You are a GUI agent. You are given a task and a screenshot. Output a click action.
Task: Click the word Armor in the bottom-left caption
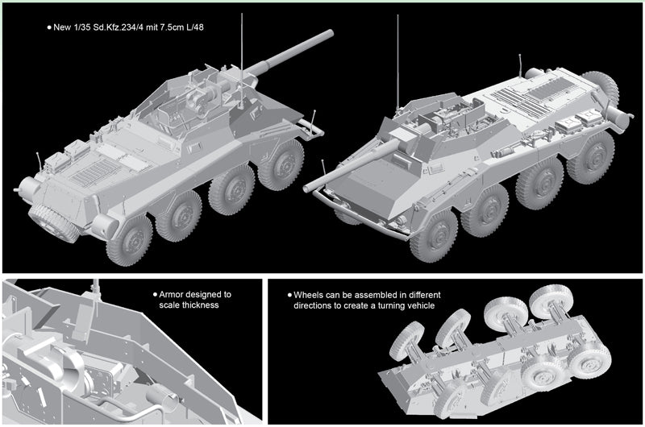click(x=172, y=295)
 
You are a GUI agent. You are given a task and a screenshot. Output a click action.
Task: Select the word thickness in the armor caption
click(x=200, y=305)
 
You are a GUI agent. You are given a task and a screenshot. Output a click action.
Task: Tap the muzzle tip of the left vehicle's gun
click(x=330, y=33)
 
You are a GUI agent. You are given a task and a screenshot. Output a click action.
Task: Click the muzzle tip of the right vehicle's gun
click(x=306, y=189)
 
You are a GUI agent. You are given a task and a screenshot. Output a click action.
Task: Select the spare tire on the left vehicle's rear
click(x=53, y=222)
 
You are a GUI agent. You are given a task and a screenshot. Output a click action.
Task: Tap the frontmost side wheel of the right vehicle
click(x=433, y=236)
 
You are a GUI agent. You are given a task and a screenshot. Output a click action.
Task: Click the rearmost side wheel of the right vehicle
click(x=590, y=157)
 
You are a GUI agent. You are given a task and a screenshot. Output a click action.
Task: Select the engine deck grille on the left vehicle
click(x=95, y=172)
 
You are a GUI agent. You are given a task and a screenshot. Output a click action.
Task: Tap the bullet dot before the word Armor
click(x=155, y=295)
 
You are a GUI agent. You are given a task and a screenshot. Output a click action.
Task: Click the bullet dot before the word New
click(x=49, y=27)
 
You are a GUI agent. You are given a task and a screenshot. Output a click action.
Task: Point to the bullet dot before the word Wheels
click(x=289, y=295)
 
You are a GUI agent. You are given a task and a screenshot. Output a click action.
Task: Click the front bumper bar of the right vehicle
click(x=358, y=218)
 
